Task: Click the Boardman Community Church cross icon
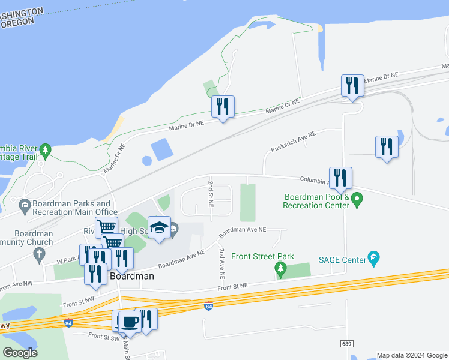[x=40, y=254]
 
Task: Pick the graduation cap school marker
[x=159, y=228]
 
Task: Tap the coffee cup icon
[x=130, y=321]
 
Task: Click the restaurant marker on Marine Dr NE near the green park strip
[x=223, y=107]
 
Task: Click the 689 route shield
[x=347, y=343]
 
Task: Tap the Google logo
[x=20, y=353]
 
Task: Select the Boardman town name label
[x=133, y=277]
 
